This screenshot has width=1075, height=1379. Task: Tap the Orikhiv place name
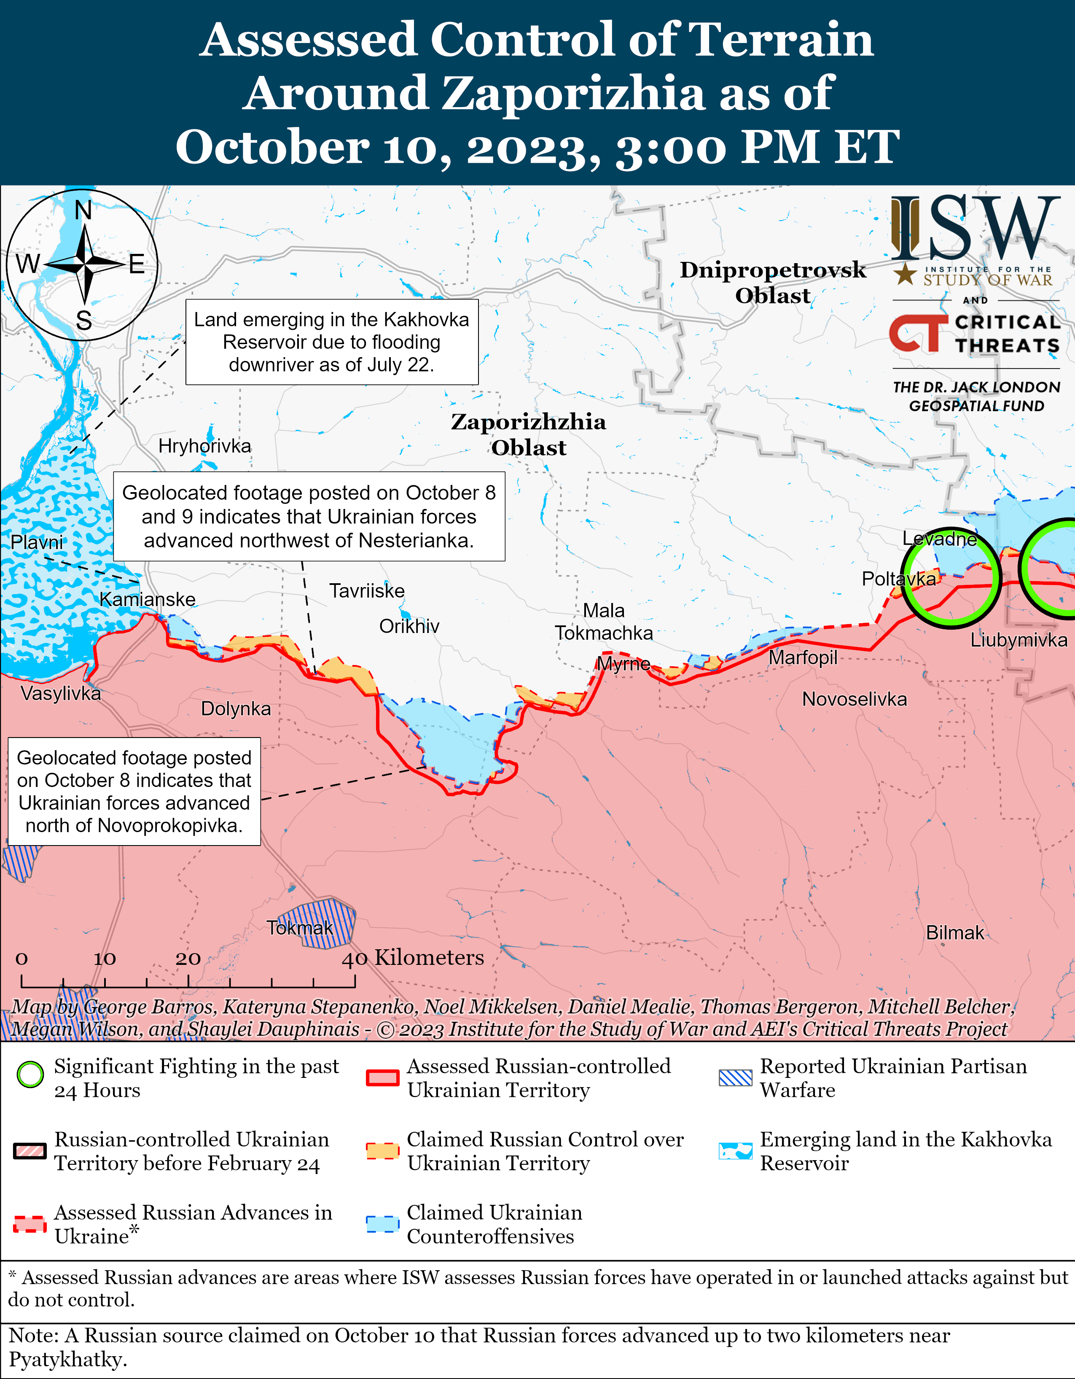pyautogui.click(x=409, y=626)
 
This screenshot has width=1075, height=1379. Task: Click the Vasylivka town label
pyautogui.click(x=61, y=693)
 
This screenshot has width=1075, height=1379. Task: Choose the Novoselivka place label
pyautogui.click(x=854, y=699)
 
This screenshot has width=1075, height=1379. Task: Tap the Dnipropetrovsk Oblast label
pyautogui.click(x=773, y=282)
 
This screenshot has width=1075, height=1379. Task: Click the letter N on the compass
pyautogui.click(x=83, y=210)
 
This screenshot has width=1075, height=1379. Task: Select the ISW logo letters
pyautogui.click(x=975, y=229)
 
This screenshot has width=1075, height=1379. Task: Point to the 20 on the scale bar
pyautogui.click(x=188, y=959)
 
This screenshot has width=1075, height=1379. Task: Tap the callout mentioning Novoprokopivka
pyautogui.click(x=134, y=791)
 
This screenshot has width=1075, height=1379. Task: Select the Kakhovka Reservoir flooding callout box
pyautogui.click(x=331, y=342)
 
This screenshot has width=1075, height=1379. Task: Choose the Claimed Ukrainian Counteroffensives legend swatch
pyautogui.click(x=382, y=1224)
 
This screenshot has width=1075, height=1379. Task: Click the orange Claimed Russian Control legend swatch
pyautogui.click(x=382, y=1150)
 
